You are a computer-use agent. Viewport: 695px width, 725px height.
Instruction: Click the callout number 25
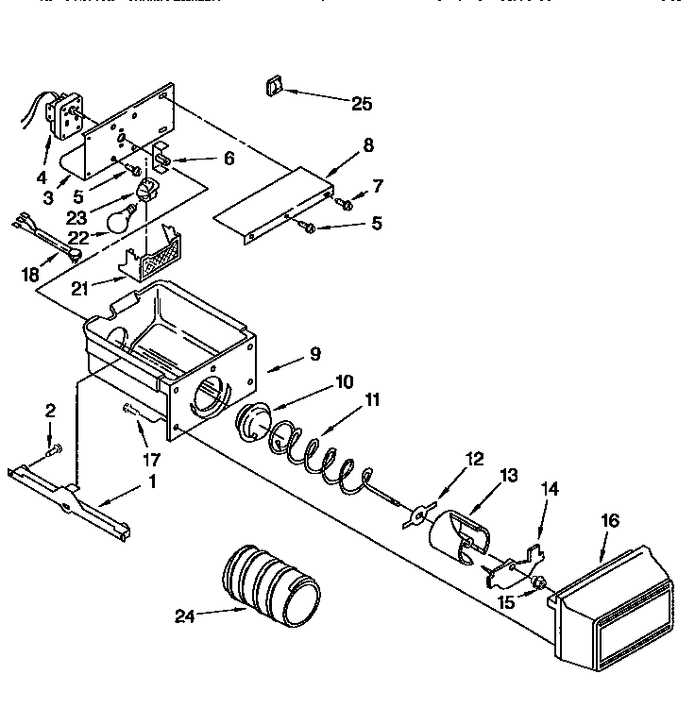[x=362, y=104]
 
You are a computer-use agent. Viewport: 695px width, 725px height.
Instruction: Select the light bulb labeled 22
[x=119, y=221]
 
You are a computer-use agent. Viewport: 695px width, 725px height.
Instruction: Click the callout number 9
[x=314, y=354]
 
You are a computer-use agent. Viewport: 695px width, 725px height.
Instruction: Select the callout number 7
[x=378, y=186]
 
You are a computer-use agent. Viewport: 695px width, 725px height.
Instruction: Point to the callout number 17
[x=150, y=461]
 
